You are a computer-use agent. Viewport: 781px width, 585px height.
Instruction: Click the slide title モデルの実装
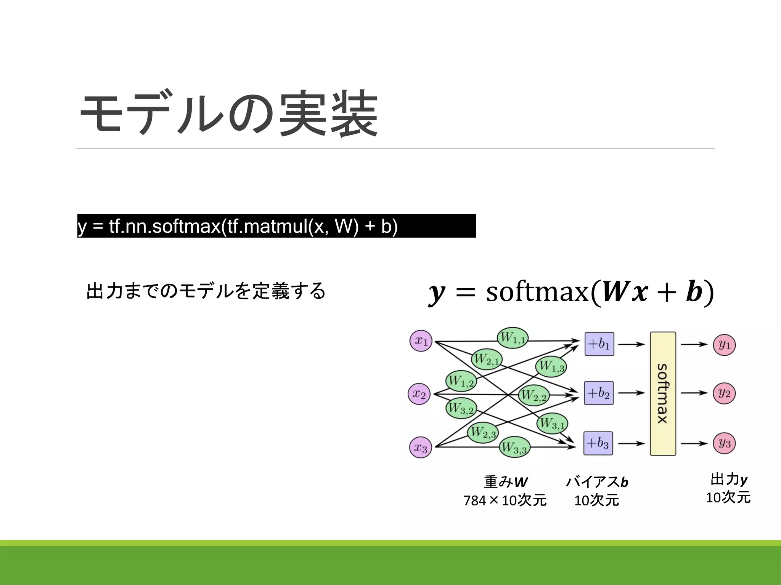pos(229,113)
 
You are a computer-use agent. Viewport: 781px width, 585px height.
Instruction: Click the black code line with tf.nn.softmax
pos(276,226)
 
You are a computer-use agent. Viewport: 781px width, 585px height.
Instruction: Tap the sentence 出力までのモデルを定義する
pos(206,291)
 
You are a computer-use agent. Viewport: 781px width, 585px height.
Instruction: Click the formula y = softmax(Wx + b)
pos(571,292)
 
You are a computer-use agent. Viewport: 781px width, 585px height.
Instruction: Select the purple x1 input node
pos(421,341)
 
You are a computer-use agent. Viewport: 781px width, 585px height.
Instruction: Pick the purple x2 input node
pos(419,394)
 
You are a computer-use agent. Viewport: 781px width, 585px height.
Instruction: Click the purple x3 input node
pos(421,448)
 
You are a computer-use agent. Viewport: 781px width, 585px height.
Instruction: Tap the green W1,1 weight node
pos(513,338)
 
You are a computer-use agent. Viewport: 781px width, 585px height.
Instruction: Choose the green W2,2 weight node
pos(534,395)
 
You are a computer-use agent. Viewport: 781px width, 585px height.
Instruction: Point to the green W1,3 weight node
pos(551,366)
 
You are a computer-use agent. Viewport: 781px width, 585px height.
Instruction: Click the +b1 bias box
pos(599,344)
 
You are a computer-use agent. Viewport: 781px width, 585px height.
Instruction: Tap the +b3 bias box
pos(598,443)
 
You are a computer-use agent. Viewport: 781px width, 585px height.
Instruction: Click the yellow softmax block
pos(663,393)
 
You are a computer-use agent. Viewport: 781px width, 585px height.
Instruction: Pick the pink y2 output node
pos(724,393)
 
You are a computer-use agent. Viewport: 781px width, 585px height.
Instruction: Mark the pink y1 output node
pos(724,345)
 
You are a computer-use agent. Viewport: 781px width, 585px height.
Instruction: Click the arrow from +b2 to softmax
pos(631,393)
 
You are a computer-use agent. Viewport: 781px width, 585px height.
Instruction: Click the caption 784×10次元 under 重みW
pos(505,500)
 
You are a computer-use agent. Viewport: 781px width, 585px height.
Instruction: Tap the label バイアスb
pos(597,482)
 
